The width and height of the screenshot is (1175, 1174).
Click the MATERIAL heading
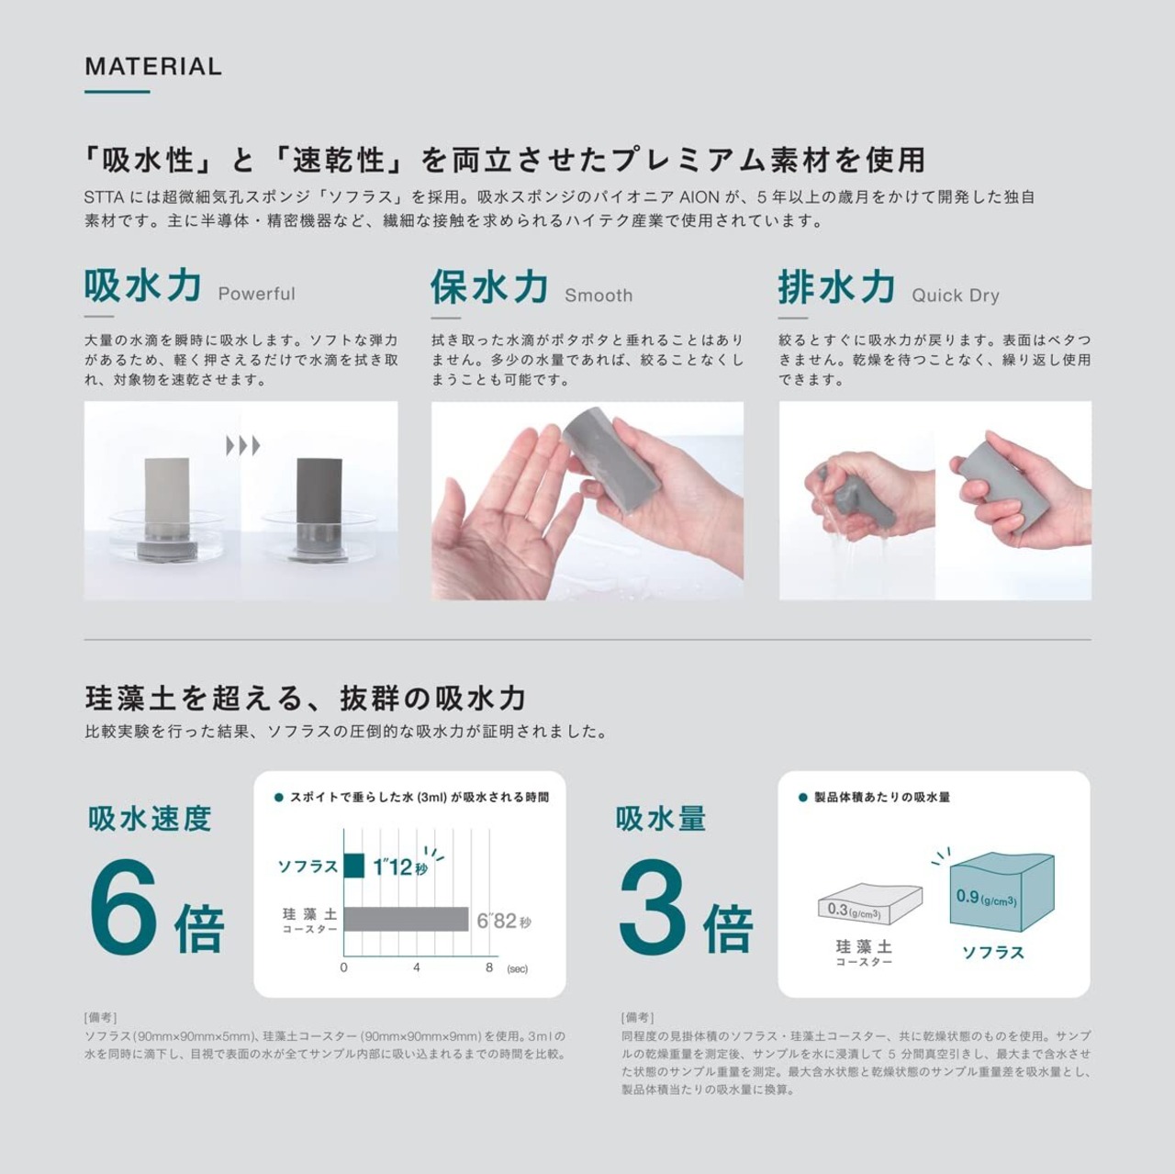tap(153, 66)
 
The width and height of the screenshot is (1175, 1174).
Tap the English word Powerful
tap(257, 294)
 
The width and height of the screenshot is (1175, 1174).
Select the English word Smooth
tap(599, 296)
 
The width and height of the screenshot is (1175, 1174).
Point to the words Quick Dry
tap(956, 296)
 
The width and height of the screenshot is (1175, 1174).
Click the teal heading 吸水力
tap(142, 285)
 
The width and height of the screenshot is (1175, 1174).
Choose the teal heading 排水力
tap(836, 286)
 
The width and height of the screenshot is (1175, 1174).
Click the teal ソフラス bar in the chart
tap(354, 866)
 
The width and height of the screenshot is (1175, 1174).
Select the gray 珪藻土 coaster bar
tap(406, 919)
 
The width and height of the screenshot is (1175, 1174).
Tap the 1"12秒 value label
tap(400, 866)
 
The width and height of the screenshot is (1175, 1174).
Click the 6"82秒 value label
tap(504, 921)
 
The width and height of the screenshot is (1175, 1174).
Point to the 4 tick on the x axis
tap(417, 967)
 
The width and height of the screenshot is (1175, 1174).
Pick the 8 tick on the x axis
tap(489, 967)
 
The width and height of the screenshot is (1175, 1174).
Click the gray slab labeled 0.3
tap(869, 902)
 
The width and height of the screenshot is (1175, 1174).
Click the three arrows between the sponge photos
tap(243, 446)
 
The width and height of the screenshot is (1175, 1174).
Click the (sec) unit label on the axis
tap(517, 969)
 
